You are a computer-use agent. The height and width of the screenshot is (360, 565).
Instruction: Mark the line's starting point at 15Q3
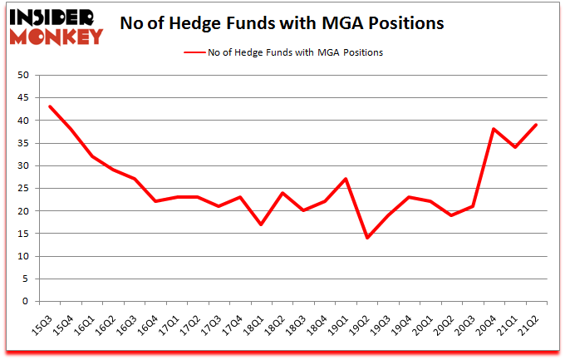click(x=50, y=106)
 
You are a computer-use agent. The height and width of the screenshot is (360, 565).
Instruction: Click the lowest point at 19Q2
click(x=367, y=238)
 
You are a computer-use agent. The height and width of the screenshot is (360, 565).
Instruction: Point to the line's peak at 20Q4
click(x=494, y=129)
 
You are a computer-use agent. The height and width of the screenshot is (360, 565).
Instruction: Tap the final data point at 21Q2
click(x=537, y=125)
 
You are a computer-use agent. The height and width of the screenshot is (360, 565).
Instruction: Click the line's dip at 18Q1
click(x=262, y=224)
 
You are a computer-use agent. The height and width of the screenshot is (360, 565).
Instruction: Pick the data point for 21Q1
click(x=516, y=147)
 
